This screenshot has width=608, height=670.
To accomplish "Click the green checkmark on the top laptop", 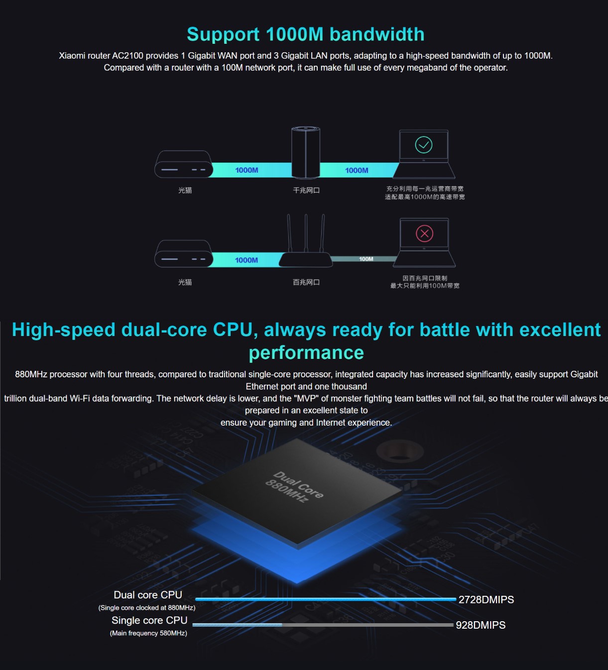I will pos(424,145).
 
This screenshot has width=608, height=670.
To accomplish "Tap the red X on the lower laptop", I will pos(424,233).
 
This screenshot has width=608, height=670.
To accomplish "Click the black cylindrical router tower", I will pos(305,152).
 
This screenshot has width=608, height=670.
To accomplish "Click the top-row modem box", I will pos(183,165).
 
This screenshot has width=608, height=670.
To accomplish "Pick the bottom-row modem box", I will pos(183,254).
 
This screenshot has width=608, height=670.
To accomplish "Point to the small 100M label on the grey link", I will pos(366,259).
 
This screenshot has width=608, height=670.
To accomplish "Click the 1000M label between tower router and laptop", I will pos(357,170).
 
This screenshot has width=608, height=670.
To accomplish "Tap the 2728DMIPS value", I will pos(486,600).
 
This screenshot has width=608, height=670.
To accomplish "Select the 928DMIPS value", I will pos(481,625).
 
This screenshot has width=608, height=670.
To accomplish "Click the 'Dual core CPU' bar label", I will pos(148,595).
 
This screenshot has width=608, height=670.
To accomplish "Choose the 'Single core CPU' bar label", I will pos(149,620).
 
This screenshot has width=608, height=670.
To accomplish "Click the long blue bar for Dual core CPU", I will pos(326,599).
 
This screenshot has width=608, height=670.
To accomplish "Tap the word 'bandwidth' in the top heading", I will pos(377,34).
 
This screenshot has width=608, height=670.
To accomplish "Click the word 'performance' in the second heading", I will pos(306,352).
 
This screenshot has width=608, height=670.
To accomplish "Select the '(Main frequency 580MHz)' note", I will pos(148,633).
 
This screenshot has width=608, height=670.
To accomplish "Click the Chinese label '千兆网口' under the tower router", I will pos(306,190).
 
